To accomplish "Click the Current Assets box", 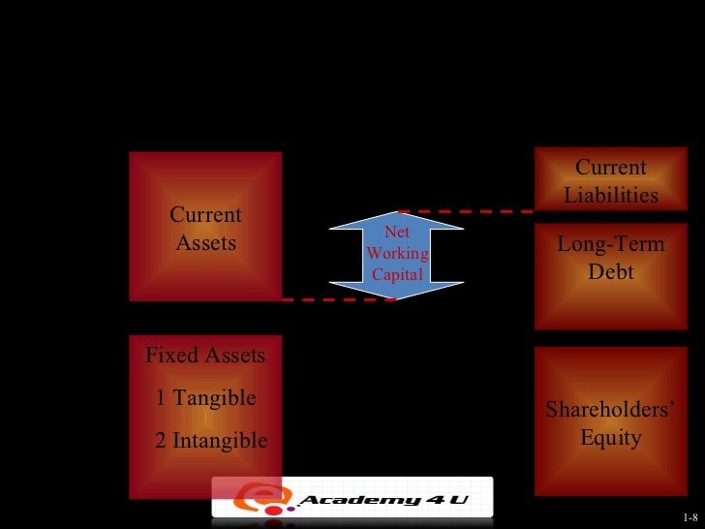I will tap(205, 226).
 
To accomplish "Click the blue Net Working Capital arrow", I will tap(397, 254).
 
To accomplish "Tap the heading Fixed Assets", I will tap(205, 355).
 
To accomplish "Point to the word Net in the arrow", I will tap(397, 233).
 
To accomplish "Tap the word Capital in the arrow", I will tap(397, 274).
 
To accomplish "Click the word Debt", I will tap(611, 272).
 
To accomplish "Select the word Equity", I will tap(611, 437).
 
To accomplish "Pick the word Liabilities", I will tap(611, 195).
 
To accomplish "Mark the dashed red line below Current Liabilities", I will tap(465, 210).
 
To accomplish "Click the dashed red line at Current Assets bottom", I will tap(339, 299).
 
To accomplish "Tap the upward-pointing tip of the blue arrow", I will tap(397, 213).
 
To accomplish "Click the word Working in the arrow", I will tap(397, 253).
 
